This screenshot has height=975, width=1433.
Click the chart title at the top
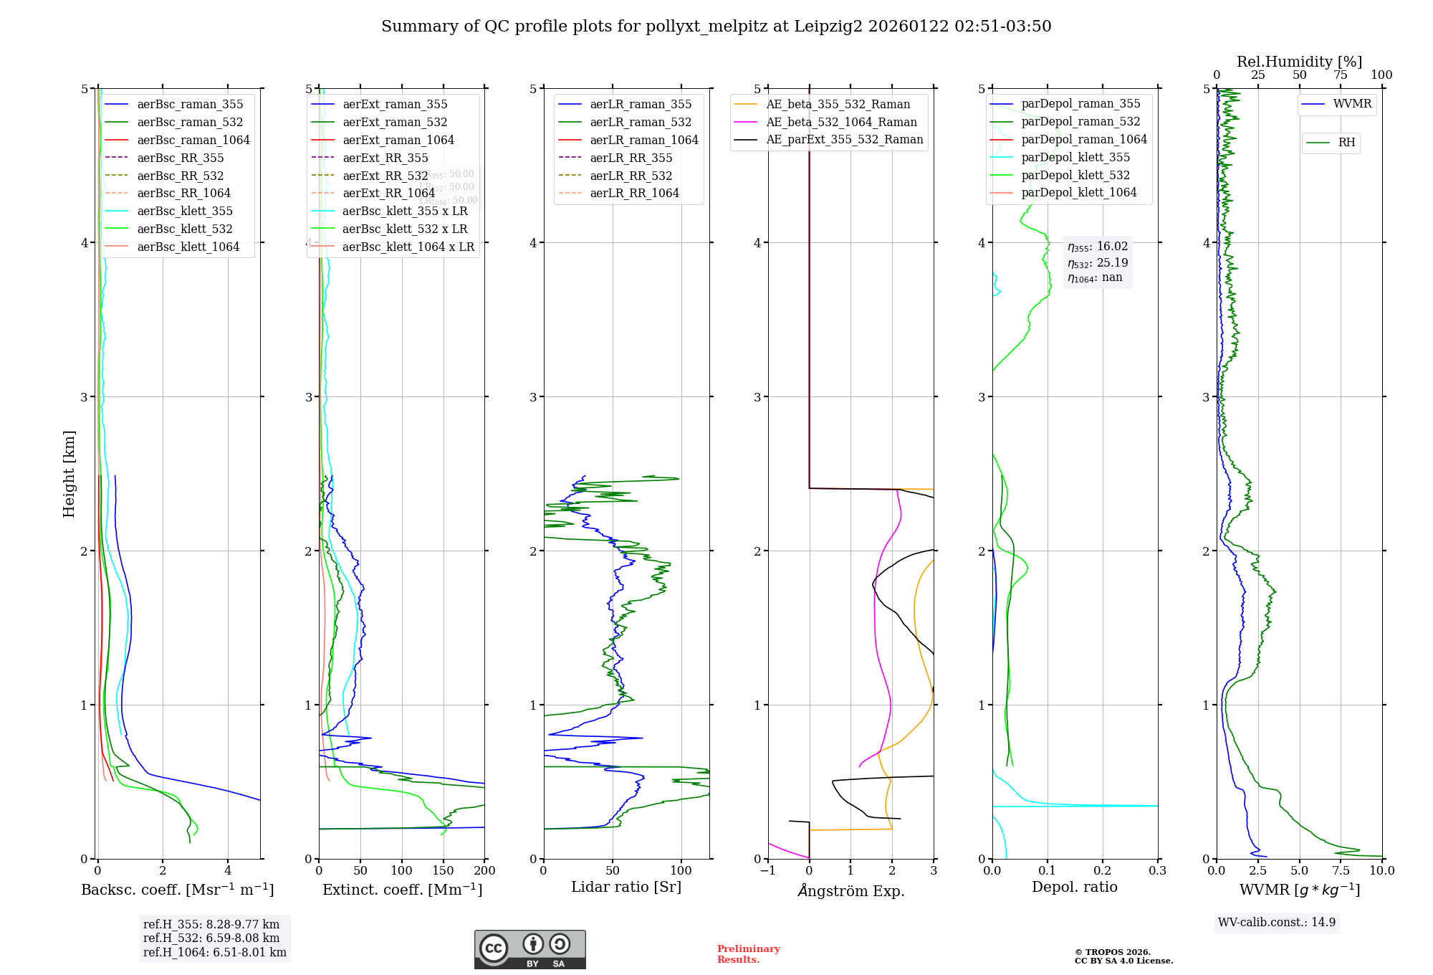click(x=716, y=27)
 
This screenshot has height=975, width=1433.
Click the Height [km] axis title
click(x=69, y=473)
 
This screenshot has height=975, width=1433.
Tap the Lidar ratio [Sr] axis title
click(x=626, y=887)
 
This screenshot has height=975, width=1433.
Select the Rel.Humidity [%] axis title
click(x=1299, y=62)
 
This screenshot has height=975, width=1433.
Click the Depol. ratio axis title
click(x=1074, y=887)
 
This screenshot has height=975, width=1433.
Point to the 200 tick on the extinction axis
click(x=485, y=870)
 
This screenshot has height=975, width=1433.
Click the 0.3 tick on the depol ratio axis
click(x=1157, y=870)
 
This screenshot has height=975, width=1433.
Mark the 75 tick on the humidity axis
click(x=1341, y=75)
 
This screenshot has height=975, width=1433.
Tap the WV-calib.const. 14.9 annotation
click(x=1277, y=922)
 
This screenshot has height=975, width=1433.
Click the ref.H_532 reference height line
click(x=211, y=938)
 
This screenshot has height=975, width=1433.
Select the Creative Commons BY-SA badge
click(x=529, y=950)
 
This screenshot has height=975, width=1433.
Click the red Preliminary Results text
click(x=748, y=954)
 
